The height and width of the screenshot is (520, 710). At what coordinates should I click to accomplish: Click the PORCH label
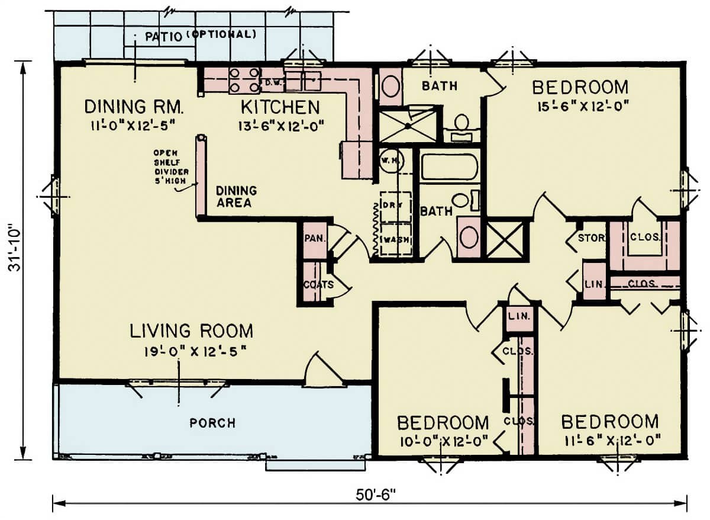tap(212, 423)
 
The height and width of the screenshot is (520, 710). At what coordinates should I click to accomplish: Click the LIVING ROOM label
tap(192, 330)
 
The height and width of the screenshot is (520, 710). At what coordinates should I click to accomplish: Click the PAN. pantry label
tap(312, 239)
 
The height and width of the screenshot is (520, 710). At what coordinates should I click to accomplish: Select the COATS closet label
tap(318, 285)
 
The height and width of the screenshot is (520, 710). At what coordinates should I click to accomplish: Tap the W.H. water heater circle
tap(390, 160)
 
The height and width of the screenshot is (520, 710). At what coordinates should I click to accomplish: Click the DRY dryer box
tap(395, 205)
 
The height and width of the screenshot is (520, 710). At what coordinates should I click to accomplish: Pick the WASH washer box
tap(395, 239)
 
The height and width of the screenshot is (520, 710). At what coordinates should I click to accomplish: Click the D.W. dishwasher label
tap(272, 82)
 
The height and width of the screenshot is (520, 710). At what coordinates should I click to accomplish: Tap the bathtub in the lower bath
tap(449, 166)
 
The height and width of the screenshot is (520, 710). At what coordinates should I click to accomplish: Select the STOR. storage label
tap(592, 239)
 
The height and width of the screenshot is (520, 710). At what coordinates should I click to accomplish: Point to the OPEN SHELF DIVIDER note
tap(170, 168)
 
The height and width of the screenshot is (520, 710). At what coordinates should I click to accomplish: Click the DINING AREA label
tap(236, 197)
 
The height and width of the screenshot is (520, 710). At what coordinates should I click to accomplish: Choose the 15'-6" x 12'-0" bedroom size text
tap(580, 105)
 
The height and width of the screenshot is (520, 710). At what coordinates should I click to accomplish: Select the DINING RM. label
tap(134, 107)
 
